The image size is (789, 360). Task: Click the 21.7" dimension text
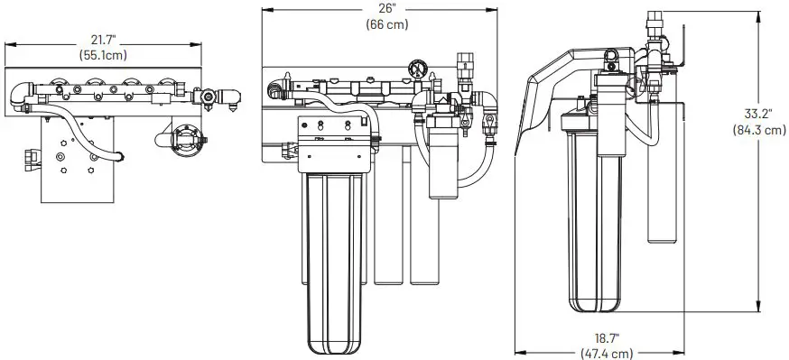coord(105,40)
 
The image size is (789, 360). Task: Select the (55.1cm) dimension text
coord(105,54)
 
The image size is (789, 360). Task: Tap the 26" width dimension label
coord(385,9)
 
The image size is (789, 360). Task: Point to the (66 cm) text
coord(385,24)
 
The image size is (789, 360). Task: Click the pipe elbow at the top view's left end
coord(21,93)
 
